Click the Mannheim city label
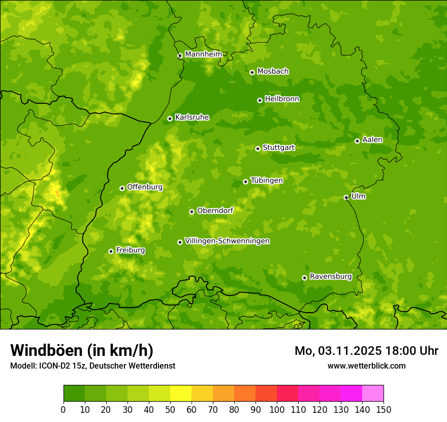(203, 54)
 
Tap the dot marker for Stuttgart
(258, 148)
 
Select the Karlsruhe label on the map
(191, 117)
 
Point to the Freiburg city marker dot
(111, 251)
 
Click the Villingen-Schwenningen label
(227, 241)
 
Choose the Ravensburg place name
(330, 277)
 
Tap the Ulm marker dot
(346, 197)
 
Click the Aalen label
(372, 140)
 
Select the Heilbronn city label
(282, 99)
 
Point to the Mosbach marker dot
(252, 72)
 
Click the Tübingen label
(266, 180)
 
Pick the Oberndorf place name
(215, 210)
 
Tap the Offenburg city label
(144, 187)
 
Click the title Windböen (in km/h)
(81, 350)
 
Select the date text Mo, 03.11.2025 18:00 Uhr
(366, 351)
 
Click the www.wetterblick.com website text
(366, 366)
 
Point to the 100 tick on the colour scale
(277, 409)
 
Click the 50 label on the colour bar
(170, 409)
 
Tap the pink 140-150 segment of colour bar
(373, 394)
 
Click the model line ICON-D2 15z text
(92, 366)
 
